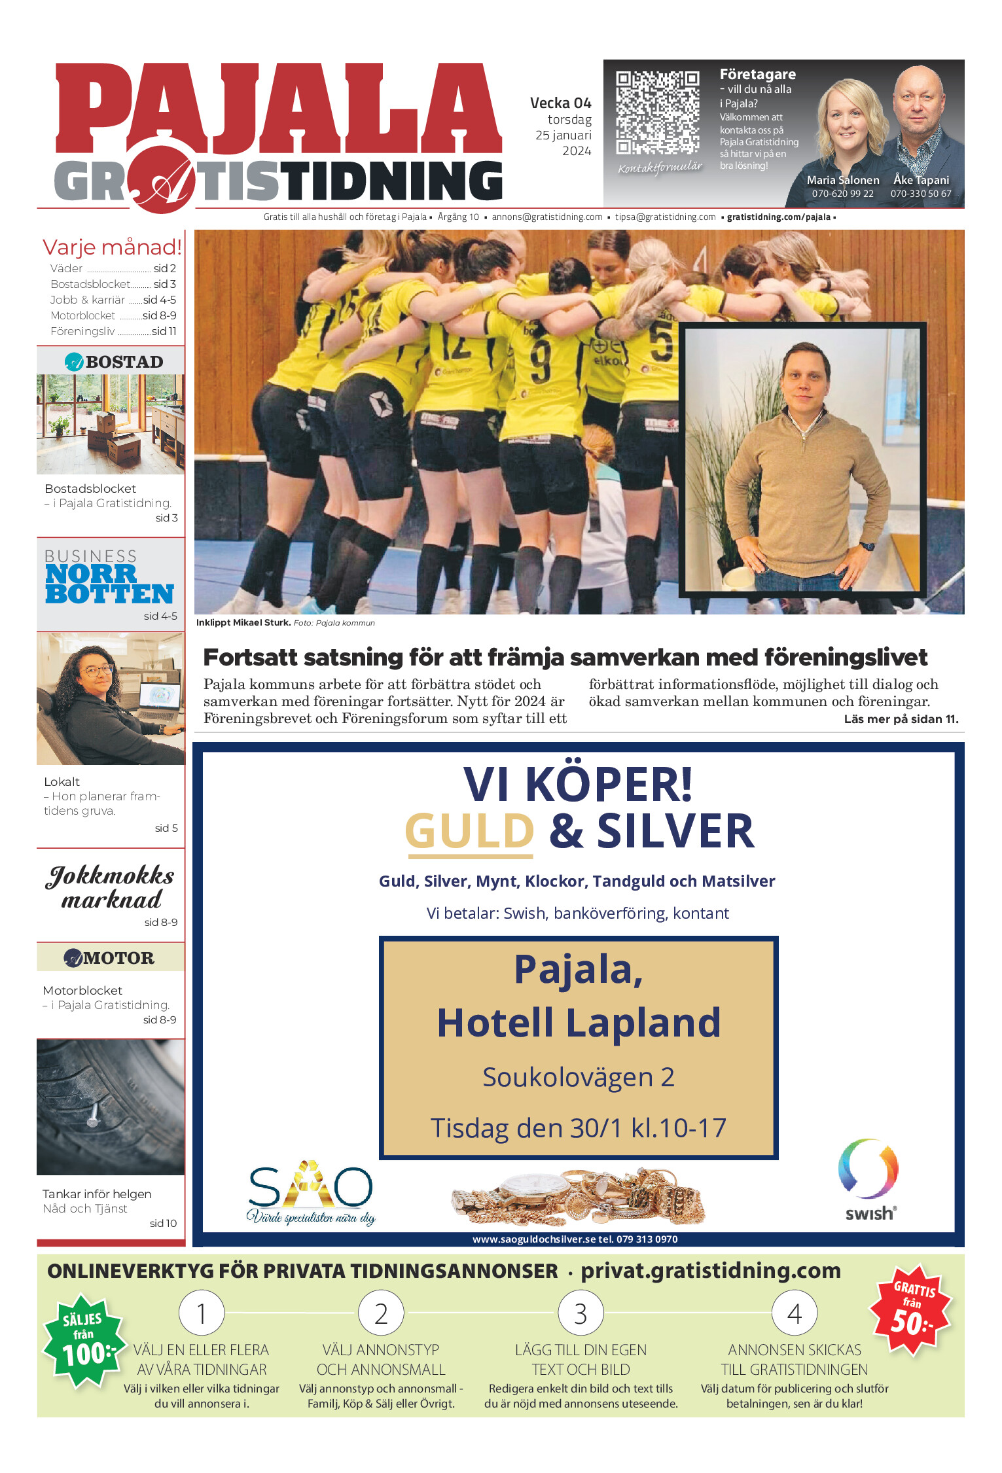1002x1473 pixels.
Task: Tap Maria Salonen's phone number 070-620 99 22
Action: (x=842, y=194)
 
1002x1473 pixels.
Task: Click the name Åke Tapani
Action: (x=921, y=180)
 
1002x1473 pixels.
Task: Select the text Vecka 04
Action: (x=560, y=103)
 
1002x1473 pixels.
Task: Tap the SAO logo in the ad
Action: (x=311, y=1190)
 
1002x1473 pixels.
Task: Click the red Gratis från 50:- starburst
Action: (x=911, y=1308)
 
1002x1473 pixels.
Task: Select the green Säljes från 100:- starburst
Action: (x=84, y=1341)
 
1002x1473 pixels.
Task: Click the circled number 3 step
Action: (x=581, y=1313)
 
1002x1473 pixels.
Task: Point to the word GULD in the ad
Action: (x=469, y=832)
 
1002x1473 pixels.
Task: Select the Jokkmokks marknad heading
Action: (x=111, y=887)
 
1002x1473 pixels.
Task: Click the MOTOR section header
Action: (x=111, y=957)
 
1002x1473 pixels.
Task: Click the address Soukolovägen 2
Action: (x=579, y=1077)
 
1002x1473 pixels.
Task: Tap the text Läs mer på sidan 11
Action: (x=901, y=719)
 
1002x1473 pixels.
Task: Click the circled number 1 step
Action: (x=202, y=1313)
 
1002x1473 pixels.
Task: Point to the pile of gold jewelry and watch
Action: (x=579, y=1198)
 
